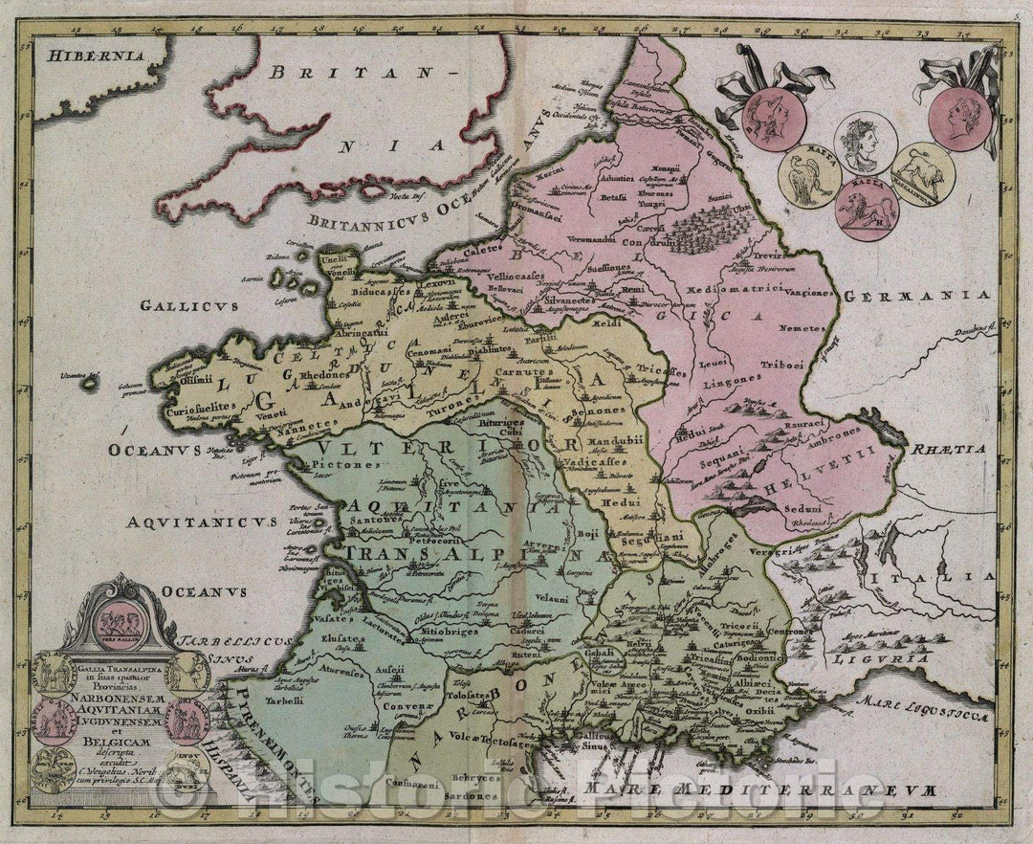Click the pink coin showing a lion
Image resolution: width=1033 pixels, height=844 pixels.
(x=867, y=210)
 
